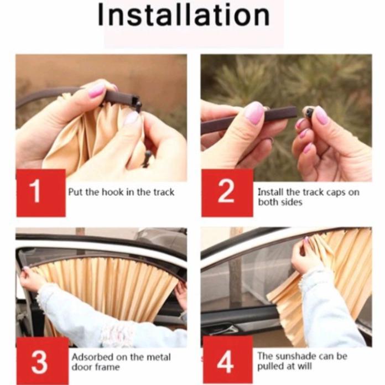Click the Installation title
[x=184, y=15]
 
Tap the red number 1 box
[x=41, y=193]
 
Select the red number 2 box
[x=227, y=193]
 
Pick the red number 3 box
[x=41, y=361]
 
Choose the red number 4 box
[x=227, y=361]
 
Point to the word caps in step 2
[x=335, y=192]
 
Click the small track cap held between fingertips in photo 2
[x=308, y=112]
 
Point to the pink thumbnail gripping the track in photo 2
[x=254, y=113]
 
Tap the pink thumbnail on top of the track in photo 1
[x=96, y=90]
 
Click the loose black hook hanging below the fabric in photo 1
[x=147, y=159]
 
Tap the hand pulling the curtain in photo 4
[x=304, y=256]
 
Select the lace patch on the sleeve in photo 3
[x=117, y=333]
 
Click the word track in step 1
[x=164, y=192]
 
